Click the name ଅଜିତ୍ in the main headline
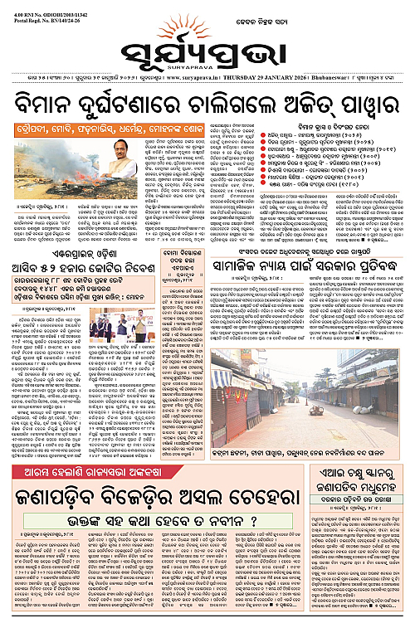click(313, 104)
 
